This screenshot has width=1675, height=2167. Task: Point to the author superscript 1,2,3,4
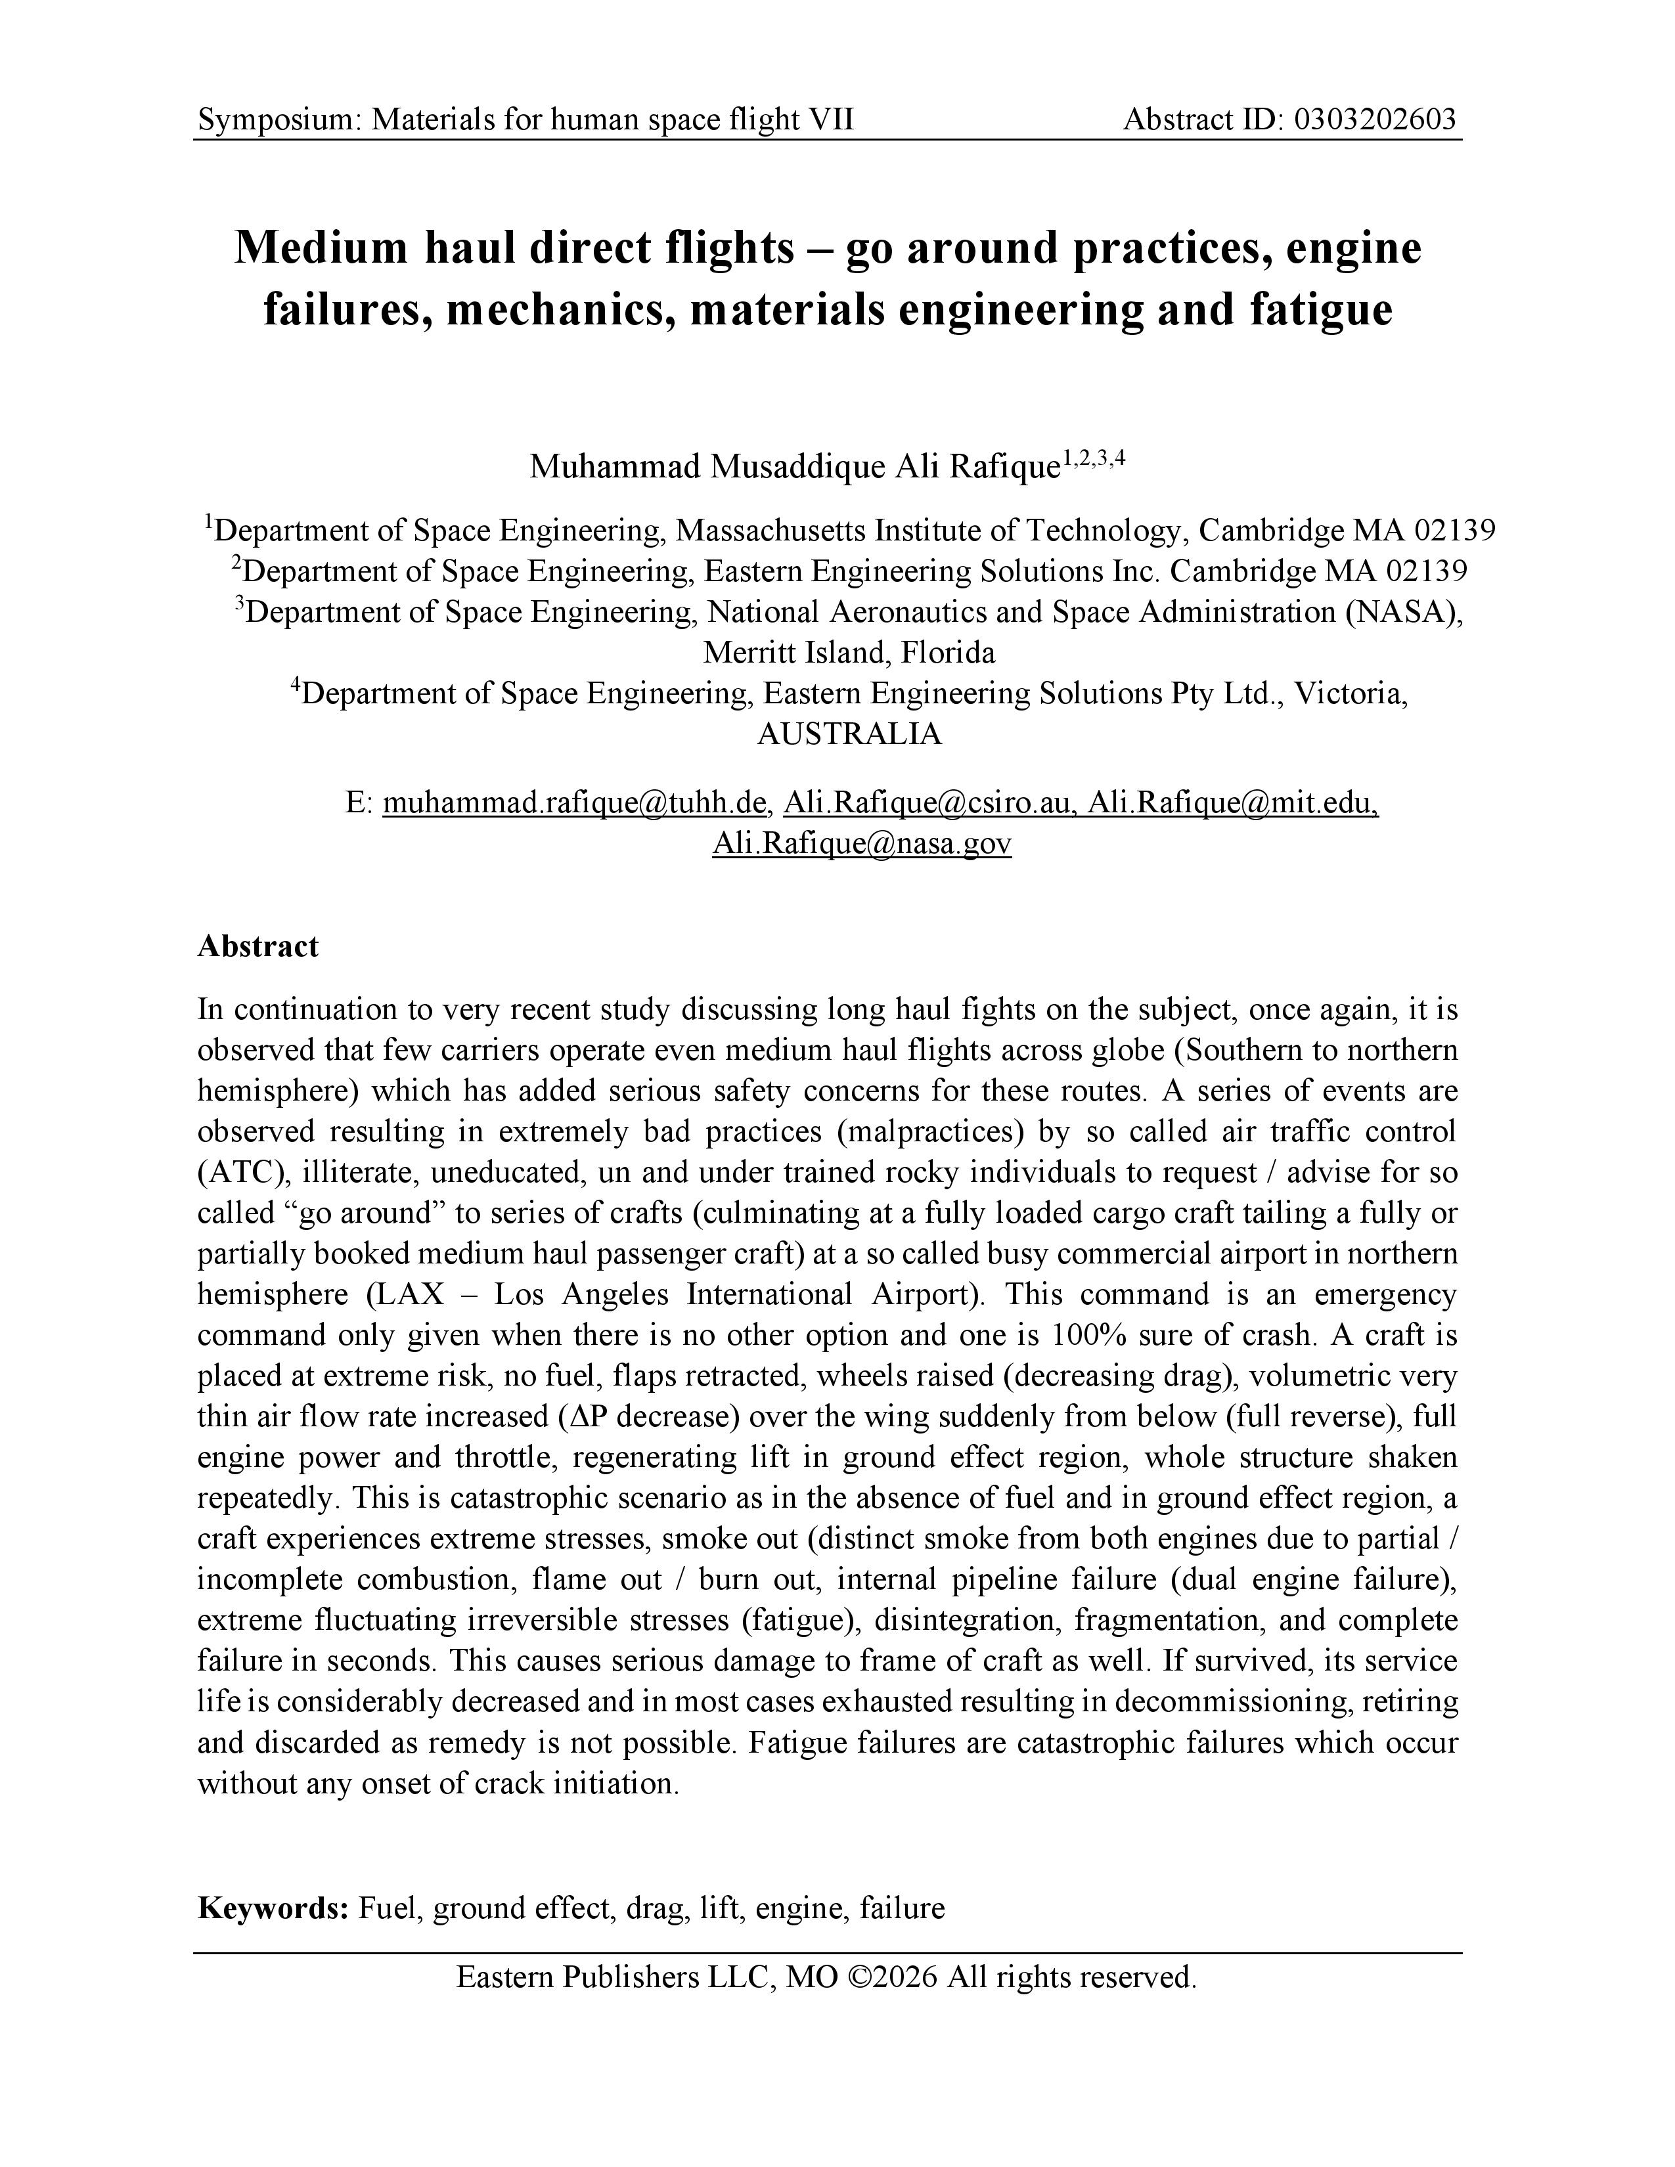[1094, 458]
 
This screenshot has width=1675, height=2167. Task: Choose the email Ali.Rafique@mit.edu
[1232, 802]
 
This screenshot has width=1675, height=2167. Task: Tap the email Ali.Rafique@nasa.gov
[861, 843]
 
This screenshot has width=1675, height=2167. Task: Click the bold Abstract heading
[258, 946]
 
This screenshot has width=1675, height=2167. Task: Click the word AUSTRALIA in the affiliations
[849, 733]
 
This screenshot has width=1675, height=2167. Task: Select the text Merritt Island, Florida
[849, 652]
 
